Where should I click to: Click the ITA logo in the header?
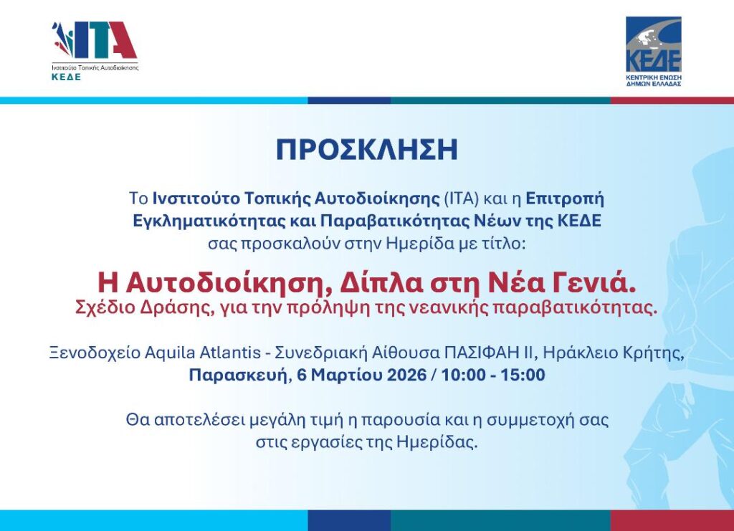pyautogui.click(x=95, y=51)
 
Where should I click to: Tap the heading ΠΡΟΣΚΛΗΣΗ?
pyautogui.click(x=366, y=150)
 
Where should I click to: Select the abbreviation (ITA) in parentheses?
pyautogui.click(x=462, y=198)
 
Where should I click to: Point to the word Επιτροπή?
pyautogui.click(x=565, y=199)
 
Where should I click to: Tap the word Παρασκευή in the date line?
pyautogui.click(x=238, y=375)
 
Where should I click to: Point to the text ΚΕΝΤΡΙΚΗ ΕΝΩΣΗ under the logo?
pyautogui.click(x=654, y=77)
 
